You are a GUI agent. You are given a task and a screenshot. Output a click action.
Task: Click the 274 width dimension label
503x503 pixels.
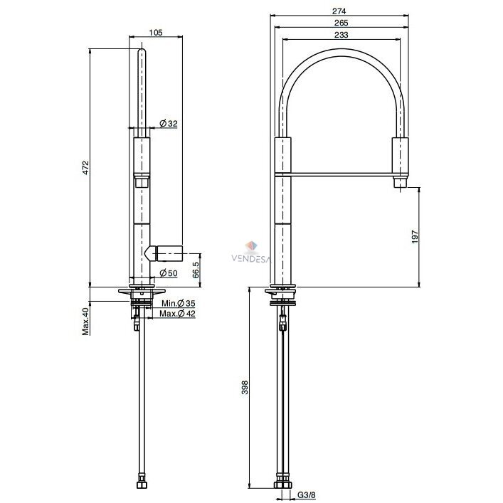click(x=339, y=11)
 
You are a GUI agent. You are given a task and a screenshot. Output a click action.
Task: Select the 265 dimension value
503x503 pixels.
click(x=341, y=23)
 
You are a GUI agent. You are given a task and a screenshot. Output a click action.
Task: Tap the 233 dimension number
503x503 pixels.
click(x=341, y=35)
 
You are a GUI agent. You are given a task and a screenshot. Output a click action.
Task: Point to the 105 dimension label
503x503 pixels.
click(x=156, y=33)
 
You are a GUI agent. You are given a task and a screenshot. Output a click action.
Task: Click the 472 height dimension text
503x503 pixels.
click(x=85, y=167)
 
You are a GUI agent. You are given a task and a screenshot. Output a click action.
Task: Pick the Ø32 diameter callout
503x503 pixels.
click(x=169, y=124)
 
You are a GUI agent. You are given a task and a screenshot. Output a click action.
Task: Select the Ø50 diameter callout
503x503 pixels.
click(x=169, y=273)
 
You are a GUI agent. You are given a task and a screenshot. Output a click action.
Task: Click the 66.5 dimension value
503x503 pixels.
click(x=196, y=269)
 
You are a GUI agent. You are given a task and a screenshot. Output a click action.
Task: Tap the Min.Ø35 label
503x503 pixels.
click(x=179, y=303)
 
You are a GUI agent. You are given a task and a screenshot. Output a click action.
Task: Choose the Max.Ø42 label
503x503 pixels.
click(x=177, y=314)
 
